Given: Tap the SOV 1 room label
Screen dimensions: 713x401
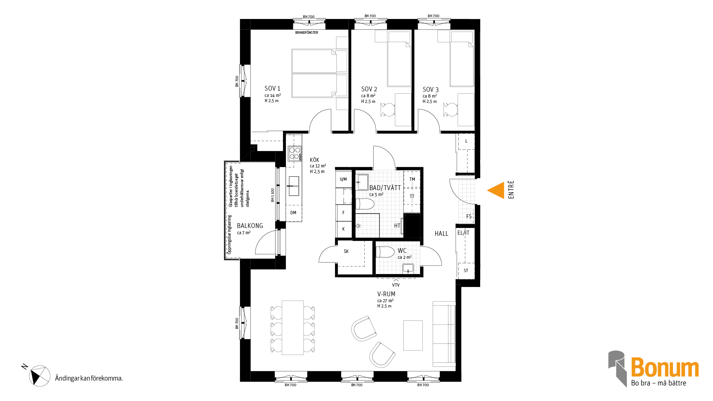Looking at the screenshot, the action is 272,88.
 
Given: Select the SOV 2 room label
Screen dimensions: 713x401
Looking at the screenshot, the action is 369,89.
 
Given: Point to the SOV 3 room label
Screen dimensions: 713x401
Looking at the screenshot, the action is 430,89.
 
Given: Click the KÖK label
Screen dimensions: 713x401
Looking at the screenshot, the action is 315,160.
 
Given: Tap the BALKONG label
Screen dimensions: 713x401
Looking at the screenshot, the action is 250,226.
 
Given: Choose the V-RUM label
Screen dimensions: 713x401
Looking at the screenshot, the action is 386,294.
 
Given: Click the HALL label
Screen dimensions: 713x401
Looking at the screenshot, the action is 442,234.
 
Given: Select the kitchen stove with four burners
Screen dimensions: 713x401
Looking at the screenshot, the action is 295,153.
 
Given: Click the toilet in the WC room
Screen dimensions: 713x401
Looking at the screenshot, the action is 385,252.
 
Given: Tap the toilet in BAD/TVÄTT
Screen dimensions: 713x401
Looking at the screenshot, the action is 365,204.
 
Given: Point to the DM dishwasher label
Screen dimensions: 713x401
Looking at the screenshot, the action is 293,213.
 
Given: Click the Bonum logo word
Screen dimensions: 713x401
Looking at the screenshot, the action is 665,368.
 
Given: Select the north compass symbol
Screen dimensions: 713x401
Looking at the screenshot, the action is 40,376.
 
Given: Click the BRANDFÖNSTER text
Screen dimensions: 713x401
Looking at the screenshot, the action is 307,33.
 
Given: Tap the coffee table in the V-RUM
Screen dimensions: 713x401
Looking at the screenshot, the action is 413,335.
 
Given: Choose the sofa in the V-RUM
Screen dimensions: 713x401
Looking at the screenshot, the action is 444,334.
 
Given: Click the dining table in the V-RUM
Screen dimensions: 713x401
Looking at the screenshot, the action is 293,327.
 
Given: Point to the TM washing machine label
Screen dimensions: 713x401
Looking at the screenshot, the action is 412,179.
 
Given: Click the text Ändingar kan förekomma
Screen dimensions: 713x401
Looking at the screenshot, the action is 89,378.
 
